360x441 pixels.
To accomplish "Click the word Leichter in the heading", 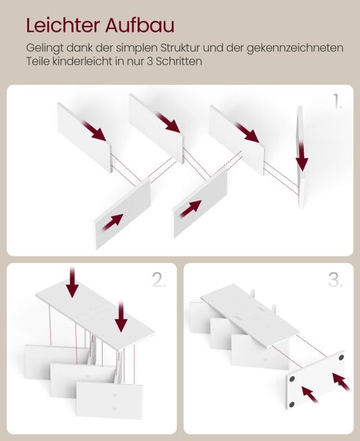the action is [63, 25].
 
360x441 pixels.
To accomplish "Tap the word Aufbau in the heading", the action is [140, 25].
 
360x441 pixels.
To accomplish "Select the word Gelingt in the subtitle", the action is [45, 48].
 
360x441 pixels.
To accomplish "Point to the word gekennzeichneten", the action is [295, 48].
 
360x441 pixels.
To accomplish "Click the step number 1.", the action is [337, 101].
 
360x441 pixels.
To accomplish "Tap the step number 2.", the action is [159, 280].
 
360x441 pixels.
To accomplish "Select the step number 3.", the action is [335, 280].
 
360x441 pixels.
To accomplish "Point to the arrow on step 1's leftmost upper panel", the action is [94, 131].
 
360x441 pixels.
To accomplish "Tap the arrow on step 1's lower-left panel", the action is [112, 222].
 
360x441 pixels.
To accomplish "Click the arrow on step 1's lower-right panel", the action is [190, 209].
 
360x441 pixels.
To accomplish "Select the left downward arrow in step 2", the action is [72, 282].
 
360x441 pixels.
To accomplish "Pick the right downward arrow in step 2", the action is [121, 316].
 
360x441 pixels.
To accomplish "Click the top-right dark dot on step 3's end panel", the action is [341, 357].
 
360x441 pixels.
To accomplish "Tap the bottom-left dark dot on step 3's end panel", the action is [292, 404].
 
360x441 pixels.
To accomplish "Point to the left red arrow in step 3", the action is [310, 395].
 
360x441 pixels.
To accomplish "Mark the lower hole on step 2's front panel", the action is [115, 409].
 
